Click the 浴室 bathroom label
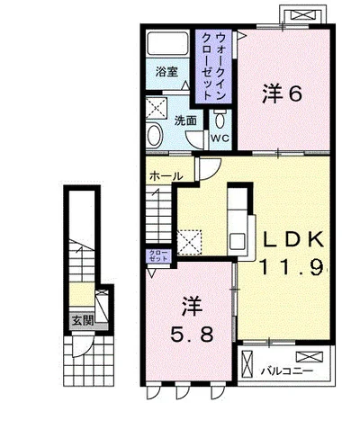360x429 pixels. pos(167,72)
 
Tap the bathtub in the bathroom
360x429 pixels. pos(167,43)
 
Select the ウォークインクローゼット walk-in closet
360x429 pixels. pos(213,67)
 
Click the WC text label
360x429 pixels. pos(220,139)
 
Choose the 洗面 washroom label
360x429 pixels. pos(185,121)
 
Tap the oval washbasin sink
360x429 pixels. pos(155,135)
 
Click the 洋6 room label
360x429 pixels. pos(282,94)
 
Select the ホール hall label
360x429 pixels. pos(166,176)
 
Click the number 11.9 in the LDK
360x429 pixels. pos(291,267)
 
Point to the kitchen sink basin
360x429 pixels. pos(238,241)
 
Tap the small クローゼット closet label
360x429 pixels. pos(159,255)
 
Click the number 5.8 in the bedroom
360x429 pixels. pos(192,335)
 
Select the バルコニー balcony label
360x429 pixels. pos(287,371)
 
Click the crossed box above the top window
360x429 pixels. pos(303,14)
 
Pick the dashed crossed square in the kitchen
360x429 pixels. pos(189,242)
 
